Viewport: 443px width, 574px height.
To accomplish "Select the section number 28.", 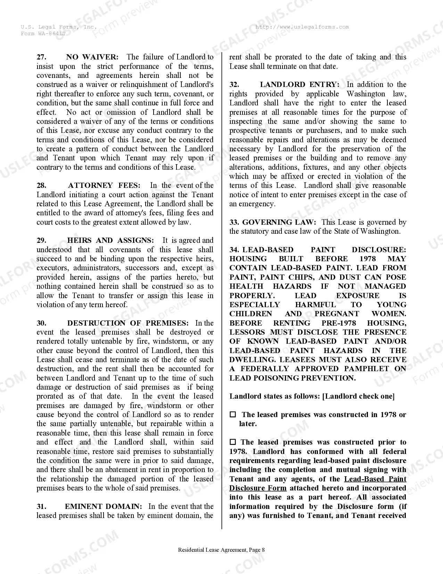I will [x=41, y=185].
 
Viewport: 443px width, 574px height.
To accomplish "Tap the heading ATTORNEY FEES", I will [x=104, y=185].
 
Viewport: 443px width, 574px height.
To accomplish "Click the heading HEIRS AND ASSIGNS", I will [x=110, y=240].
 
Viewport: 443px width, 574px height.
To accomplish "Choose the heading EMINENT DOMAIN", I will [x=103, y=507].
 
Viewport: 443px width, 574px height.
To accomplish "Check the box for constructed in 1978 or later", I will [x=233, y=415].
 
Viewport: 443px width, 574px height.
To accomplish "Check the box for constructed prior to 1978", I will [x=233, y=442].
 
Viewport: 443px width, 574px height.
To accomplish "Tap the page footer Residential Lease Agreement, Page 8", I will [x=221, y=550].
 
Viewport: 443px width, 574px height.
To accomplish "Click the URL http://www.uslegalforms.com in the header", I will [x=302, y=27].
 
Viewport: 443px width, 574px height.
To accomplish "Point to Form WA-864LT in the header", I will [x=43, y=33].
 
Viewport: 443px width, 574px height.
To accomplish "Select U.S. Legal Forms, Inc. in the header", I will [x=58, y=27].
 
